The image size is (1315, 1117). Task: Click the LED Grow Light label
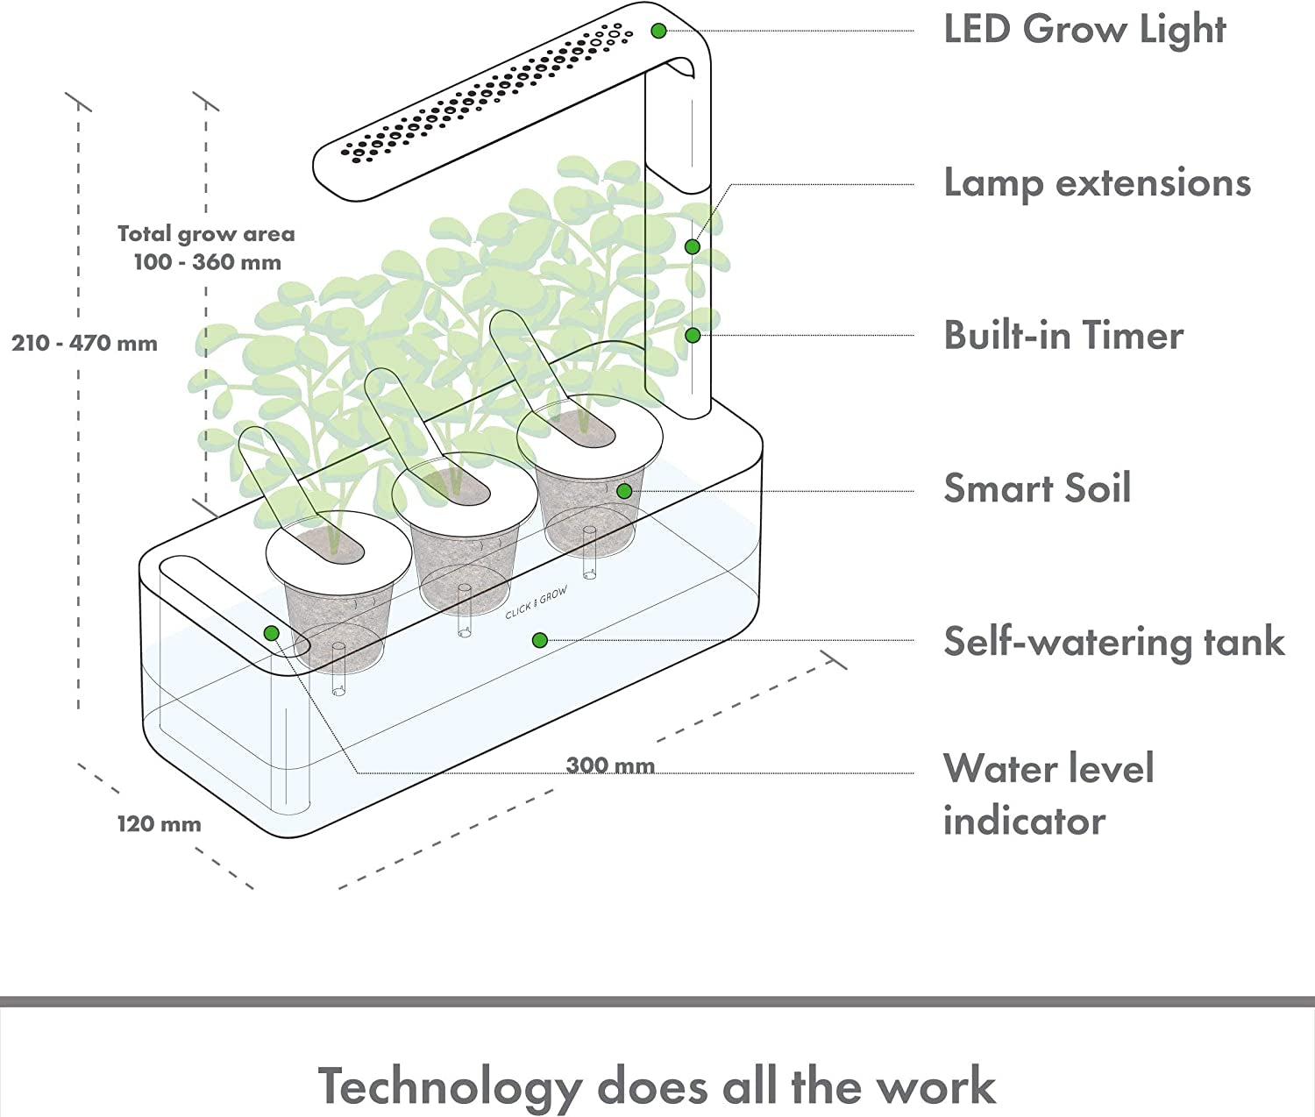pyautogui.click(x=1084, y=30)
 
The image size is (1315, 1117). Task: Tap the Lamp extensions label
pyautogui.click(x=1097, y=183)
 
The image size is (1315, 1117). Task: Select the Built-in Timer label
pyautogui.click(x=1063, y=336)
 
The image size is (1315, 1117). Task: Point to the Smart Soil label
pyautogui.click(x=1037, y=488)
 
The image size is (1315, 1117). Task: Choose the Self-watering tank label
pyautogui.click(x=1113, y=642)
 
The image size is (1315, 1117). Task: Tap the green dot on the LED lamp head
pyautogui.click(x=659, y=32)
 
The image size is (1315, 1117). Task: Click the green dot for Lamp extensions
pyautogui.click(x=693, y=247)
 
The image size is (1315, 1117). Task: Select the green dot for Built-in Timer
pyautogui.click(x=693, y=335)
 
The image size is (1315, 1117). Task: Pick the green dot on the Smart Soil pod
pyautogui.click(x=624, y=491)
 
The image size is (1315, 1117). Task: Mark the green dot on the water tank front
pyautogui.click(x=540, y=641)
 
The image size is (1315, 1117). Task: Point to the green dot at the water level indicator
pyautogui.click(x=272, y=633)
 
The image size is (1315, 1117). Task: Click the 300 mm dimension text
pyautogui.click(x=610, y=765)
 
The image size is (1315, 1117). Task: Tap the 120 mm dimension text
pyautogui.click(x=160, y=824)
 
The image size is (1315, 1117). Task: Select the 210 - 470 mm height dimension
pyautogui.click(x=85, y=343)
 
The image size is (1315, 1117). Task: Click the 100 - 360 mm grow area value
pyautogui.click(x=208, y=262)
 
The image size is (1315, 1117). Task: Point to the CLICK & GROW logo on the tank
pyautogui.click(x=537, y=603)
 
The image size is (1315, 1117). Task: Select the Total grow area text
pyautogui.click(x=206, y=234)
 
